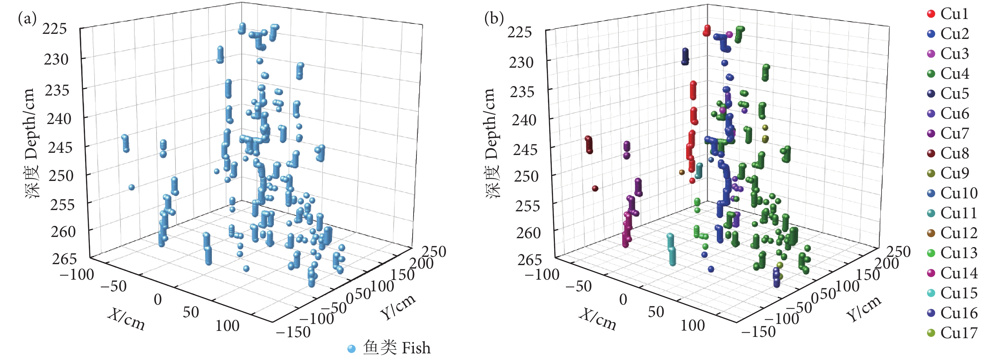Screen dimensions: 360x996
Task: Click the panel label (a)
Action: pos(27,18)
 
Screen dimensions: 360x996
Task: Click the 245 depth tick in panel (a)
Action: pos(60,147)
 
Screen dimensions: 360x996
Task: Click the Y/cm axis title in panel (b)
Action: pos(864,308)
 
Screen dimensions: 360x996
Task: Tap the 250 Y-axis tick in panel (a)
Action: pos(434,252)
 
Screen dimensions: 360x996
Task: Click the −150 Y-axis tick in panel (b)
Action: pos(758,332)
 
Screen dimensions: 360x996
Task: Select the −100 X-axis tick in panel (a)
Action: pos(77,275)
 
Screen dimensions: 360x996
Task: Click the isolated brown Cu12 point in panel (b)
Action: pos(682,172)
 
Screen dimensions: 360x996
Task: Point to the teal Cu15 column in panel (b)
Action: pos(672,249)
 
